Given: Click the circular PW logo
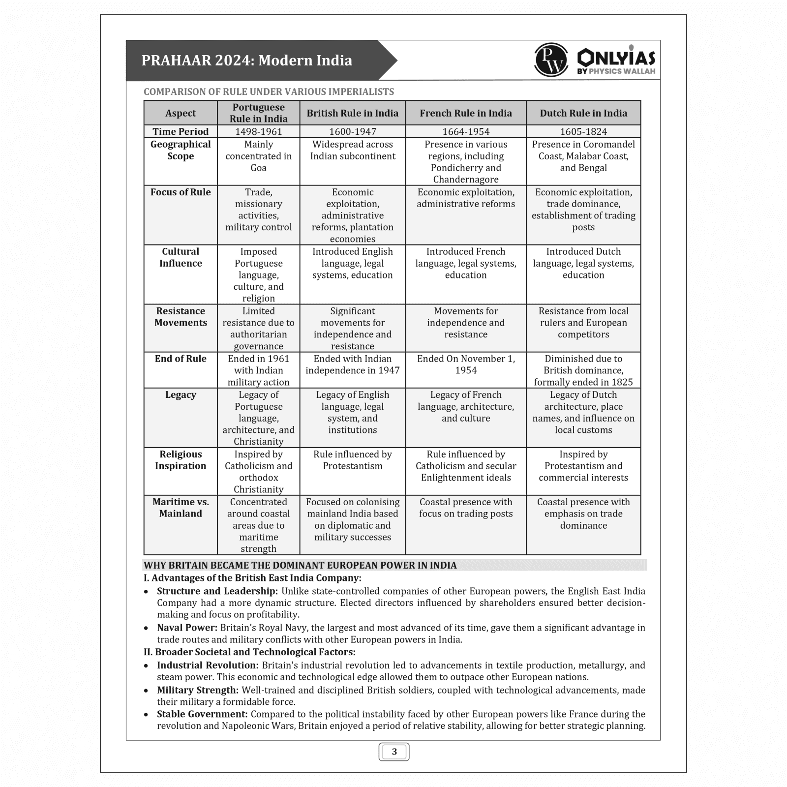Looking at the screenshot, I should point(551,60).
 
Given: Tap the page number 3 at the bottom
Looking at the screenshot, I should point(394,752).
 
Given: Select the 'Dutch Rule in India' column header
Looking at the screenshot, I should point(583,113).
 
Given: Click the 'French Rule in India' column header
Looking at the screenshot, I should point(466,113).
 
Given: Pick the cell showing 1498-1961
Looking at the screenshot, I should point(258,131).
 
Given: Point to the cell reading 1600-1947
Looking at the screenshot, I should point(353,131).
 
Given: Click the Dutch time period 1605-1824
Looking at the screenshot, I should point(583,131).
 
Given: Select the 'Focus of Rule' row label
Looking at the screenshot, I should point(181,192).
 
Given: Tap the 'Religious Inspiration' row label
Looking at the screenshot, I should point(181,460).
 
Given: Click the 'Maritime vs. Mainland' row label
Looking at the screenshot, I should point(181,508).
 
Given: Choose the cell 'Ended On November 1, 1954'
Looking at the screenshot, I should point(466,364).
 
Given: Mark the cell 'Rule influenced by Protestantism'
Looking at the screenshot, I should point(353,460).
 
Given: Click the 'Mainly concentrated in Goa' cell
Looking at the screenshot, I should point(258,156).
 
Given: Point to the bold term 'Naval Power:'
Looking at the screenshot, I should point(187,628).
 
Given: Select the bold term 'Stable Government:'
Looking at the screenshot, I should point(202,714).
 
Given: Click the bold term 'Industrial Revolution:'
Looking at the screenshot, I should point(208,666).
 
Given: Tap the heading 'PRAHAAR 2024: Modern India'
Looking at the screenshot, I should point(247,61).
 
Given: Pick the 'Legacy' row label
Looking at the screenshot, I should point(181,395).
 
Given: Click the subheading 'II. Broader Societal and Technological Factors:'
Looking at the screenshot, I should point(249,652).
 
